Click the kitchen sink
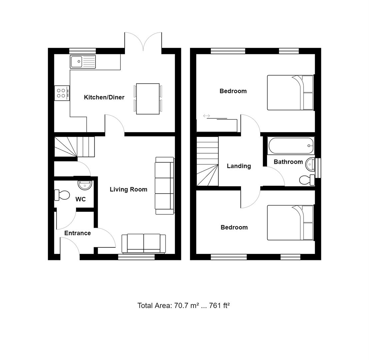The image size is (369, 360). [83, 62]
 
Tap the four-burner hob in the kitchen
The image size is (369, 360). [62, 93]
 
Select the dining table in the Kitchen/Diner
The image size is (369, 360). [148, 99]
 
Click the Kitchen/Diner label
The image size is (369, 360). [104, 97]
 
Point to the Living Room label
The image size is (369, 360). [128, 189]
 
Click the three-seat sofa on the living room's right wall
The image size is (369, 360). [165, 186]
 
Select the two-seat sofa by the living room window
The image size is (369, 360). [144, 244]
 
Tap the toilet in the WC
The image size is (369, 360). [62, 195]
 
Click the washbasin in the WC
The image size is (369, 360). [85, 185]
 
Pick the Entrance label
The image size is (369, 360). [77, 233]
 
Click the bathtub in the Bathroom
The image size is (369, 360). [291, 146]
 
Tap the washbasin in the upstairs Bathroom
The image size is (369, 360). [310, 164]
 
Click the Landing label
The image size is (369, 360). [239, 166]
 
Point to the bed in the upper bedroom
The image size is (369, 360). [290, 93]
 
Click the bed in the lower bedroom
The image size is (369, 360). [290, 223]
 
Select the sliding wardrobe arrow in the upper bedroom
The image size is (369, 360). [206, 116]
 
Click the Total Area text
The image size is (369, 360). [184, 305]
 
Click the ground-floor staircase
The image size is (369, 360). [75, 146]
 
